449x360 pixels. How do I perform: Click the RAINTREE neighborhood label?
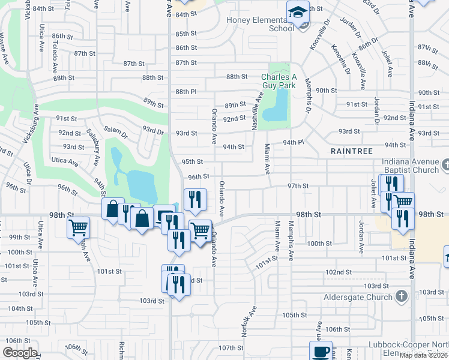[352, 152]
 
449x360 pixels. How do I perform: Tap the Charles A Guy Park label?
[279, 81]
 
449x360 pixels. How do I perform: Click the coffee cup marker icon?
[321, 351]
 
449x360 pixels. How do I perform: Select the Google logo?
[20, 353]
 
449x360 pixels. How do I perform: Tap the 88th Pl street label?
[185, 92]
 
